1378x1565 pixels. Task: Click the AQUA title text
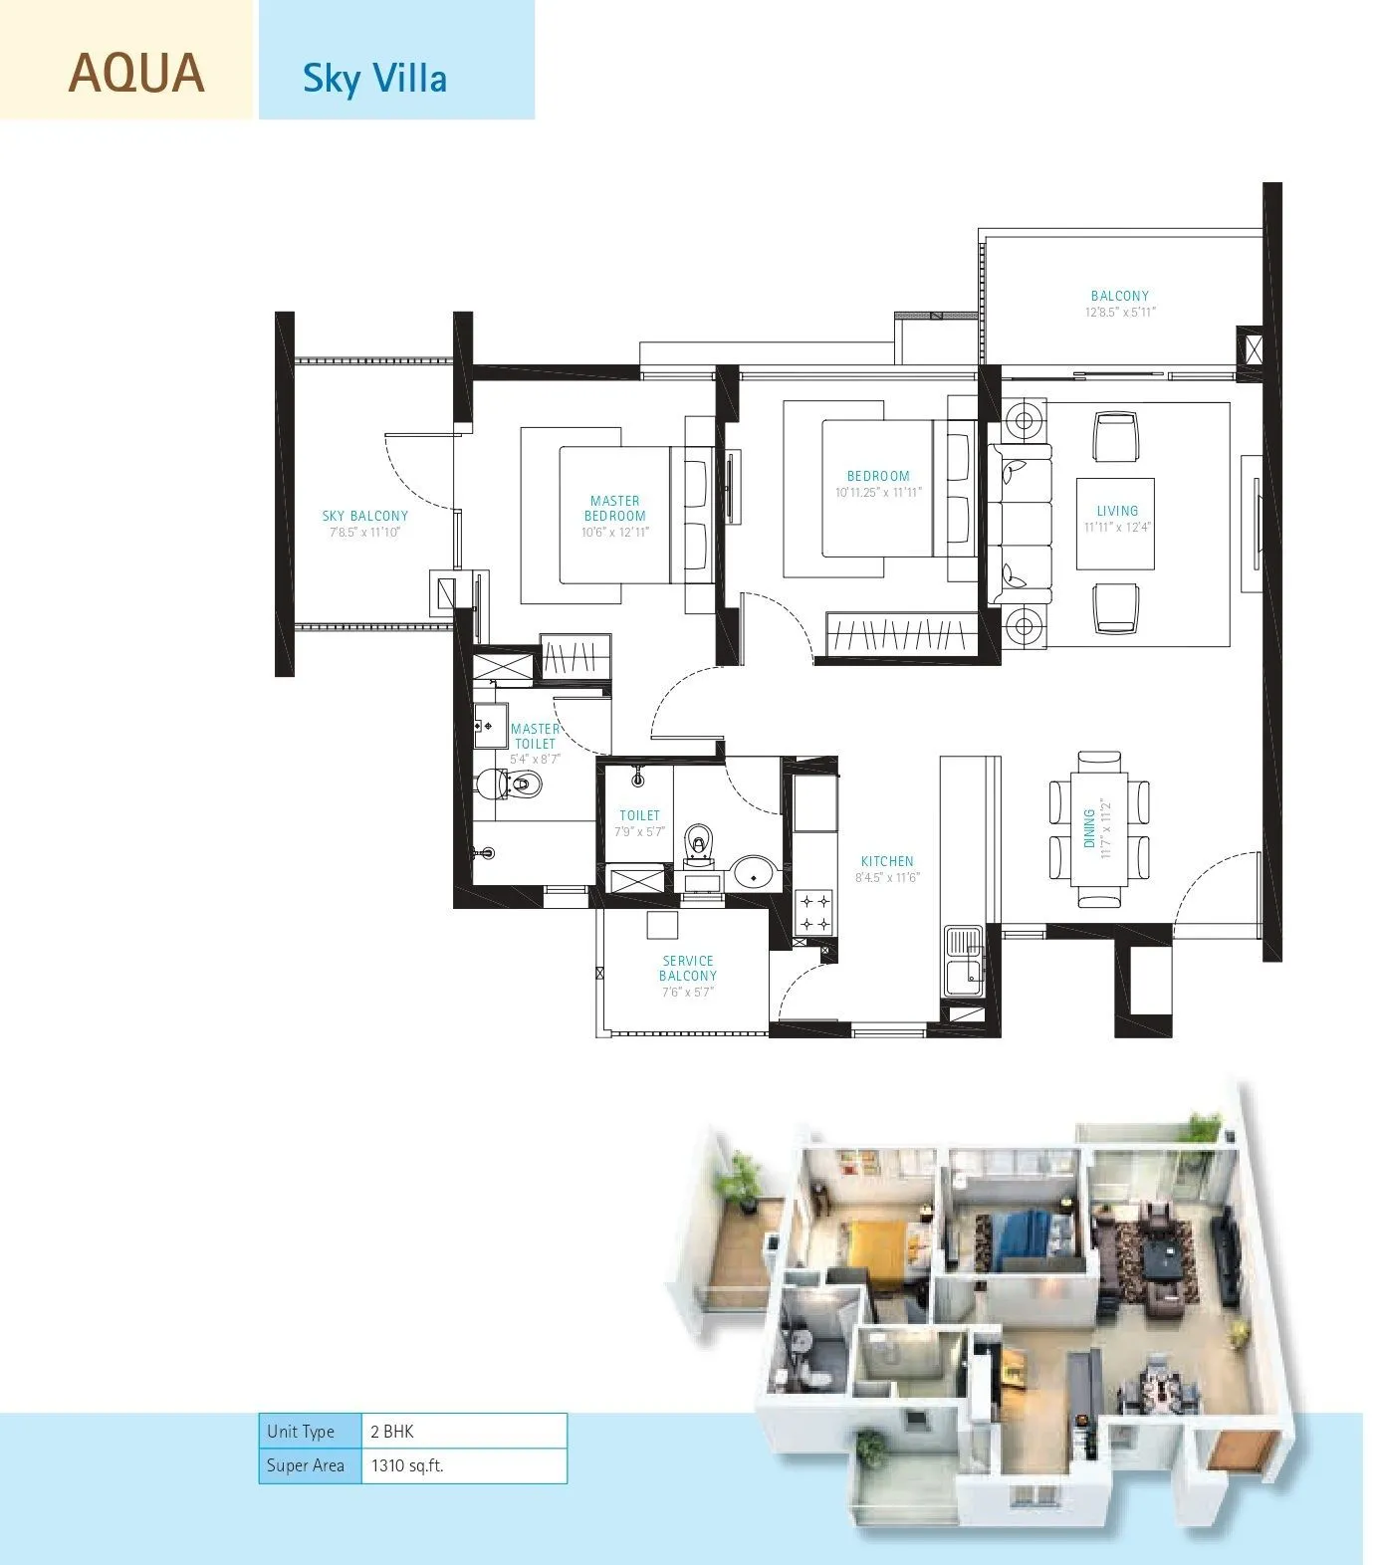(136, 74)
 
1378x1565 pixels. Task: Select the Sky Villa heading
(374, 78)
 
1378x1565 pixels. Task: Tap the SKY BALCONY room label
(364, 516)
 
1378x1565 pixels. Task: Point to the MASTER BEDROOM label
(614, 508)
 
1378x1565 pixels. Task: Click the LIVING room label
(1117, 511)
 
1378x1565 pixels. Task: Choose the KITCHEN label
(887, 861)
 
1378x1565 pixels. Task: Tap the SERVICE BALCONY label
(687, 968)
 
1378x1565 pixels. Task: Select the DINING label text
(1088, 827)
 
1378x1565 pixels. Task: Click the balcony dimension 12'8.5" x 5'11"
(1120, 312)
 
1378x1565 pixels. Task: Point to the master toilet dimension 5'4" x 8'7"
(536, 759)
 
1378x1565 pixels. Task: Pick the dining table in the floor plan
(1099, 828)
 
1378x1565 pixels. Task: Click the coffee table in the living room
(1117, 524)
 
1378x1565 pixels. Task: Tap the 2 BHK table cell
(463, 1432)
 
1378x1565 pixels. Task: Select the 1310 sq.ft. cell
(463, 1465)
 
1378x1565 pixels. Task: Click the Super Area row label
(306, 1465)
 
